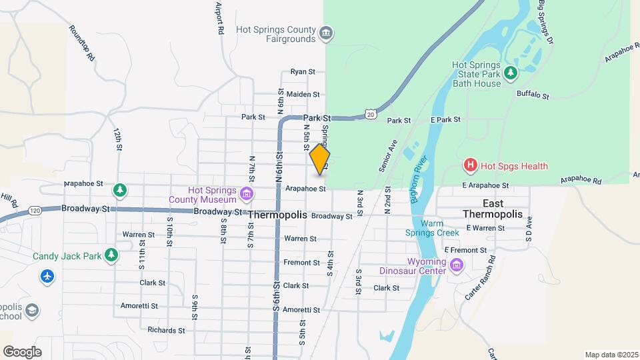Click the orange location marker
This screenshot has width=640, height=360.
(x=320, y=159)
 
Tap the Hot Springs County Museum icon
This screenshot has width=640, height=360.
(x=247, y=194)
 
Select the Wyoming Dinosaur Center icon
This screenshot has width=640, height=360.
(x=457, y=266)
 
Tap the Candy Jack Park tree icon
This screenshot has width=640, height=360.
(x=111, y=255)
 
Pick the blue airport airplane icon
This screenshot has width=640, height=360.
(x=47, y=276)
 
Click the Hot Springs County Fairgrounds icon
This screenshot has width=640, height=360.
(x=326, y=34)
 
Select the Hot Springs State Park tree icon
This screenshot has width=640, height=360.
(x=511, y=72)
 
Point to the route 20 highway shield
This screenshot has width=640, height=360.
(x=371, y=115)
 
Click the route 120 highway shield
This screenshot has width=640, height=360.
(x=35, y=211)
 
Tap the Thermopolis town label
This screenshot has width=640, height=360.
(x=277, y=215)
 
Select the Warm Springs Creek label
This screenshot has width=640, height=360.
(x=431, y=228)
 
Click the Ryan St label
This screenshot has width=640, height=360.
(x=302, y=72)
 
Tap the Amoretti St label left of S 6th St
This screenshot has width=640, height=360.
(x=139, y=306)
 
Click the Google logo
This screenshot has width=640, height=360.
(x=23, y=351)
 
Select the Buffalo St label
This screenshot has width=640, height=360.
(x=533, y=96)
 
